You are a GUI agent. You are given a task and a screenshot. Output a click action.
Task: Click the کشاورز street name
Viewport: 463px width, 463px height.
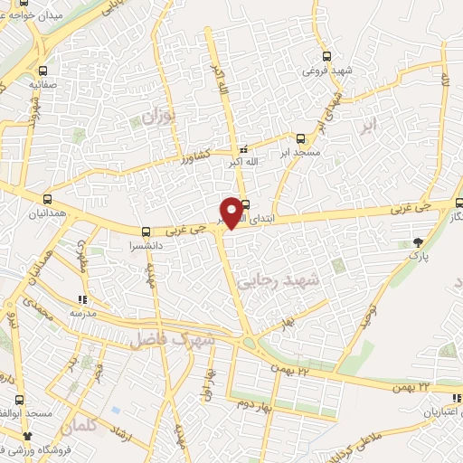tap(191, 155)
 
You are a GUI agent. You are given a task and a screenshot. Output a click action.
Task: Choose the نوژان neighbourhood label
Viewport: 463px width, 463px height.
tap(155, 115)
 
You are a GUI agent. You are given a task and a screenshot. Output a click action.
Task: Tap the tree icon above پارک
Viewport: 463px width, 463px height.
tap(417, 241)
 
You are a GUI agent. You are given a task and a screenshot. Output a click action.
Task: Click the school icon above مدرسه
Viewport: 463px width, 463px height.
tap(81, 298)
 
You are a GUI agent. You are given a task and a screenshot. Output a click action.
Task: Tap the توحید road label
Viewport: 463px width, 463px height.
tap(369, 317)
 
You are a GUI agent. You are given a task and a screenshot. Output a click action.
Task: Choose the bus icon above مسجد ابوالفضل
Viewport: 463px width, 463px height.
tap(19, 400)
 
